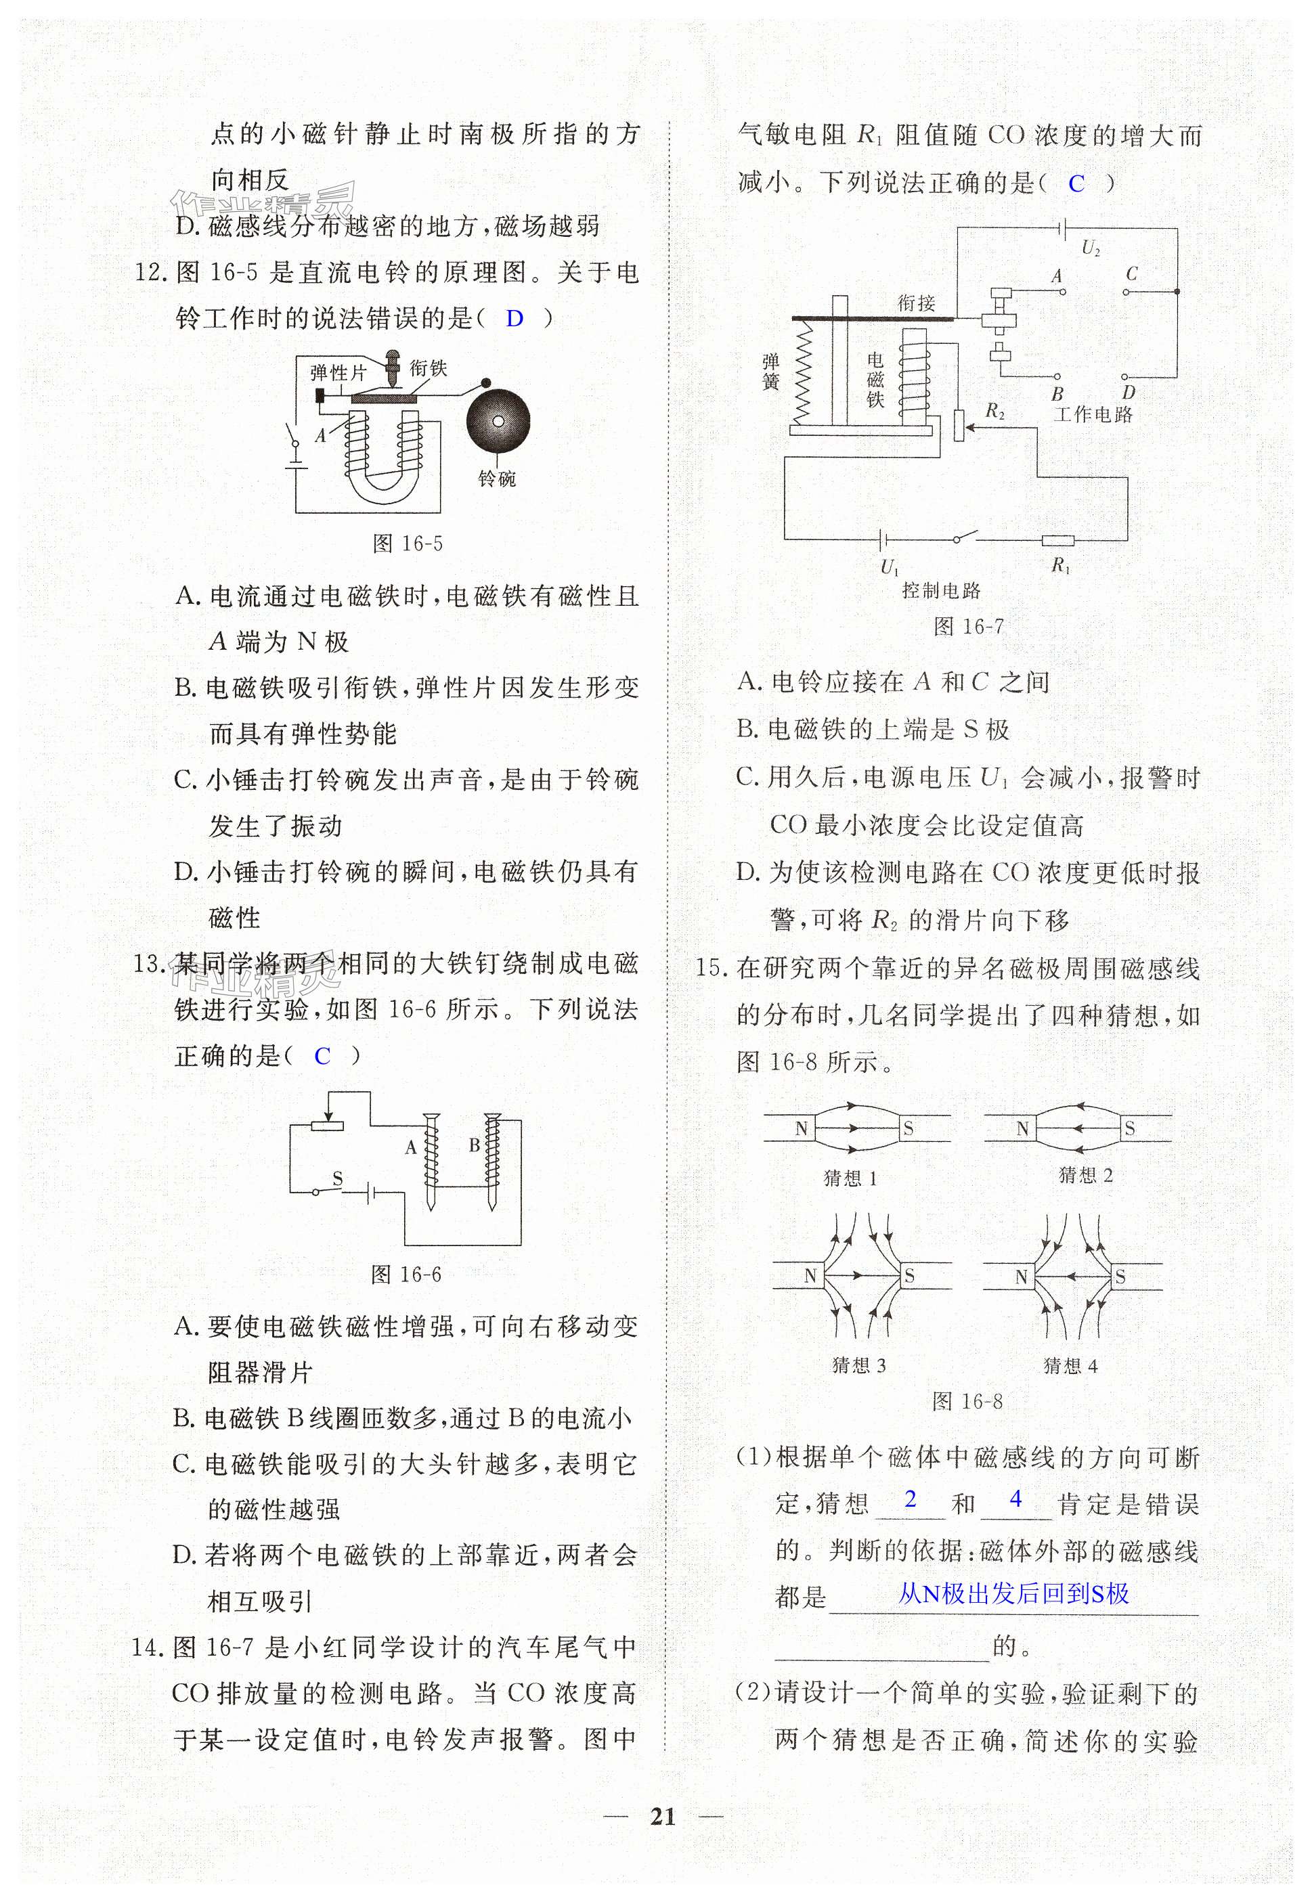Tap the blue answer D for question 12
click(515, 319)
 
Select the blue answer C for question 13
click(322, 1056)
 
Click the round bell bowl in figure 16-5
click(498, 421)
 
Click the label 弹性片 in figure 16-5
click(338, 372)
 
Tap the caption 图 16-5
click(408, 544)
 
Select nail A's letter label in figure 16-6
click(410, 1148)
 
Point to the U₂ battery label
click(1091, 248)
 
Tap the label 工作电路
click(1093, 414)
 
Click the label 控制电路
click(941, 590)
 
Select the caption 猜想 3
click(859, 1366)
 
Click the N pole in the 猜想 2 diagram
click(1022, 1130)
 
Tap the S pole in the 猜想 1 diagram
click(908, 1130)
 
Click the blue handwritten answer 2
click(910, 1499)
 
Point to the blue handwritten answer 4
click(1015, 1499)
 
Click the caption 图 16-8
click(967, 1401)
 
